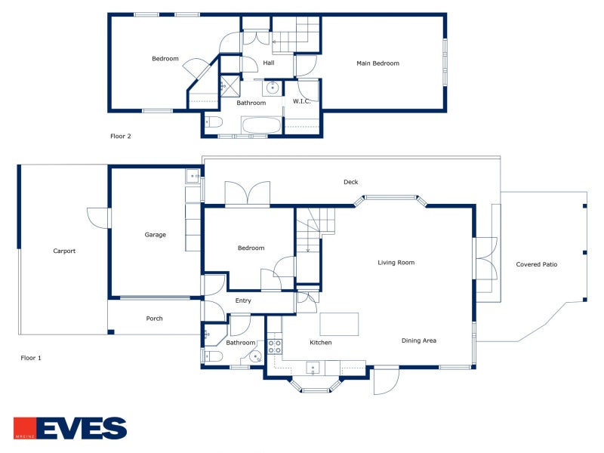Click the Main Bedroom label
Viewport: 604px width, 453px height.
pos(377,63)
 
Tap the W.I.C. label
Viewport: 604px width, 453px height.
pos(301,101)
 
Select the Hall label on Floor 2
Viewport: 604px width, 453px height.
pos(269,63)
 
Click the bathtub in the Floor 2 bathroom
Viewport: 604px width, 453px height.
pos(260,125)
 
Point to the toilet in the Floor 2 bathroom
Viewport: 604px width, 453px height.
pos(214,122)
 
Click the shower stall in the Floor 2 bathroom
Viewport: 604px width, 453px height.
pos(230,86)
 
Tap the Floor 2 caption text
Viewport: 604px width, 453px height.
pos(121,136)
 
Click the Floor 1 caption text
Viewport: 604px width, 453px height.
pos(31,358)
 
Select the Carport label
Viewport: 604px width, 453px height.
pos(64,251)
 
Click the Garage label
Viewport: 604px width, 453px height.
pos(156,235)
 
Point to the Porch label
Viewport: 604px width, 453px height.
pos(154,319)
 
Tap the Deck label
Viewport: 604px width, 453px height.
pos(350,182)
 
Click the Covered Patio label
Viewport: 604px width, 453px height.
pos(537,264)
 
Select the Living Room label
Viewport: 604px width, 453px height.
pos(396,263)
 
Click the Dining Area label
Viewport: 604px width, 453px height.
pos(419,341)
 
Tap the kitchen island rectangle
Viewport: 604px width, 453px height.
pos(339,325)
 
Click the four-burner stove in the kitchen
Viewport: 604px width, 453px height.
pos(275,347)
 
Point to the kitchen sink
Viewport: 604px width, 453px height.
pos(313,368)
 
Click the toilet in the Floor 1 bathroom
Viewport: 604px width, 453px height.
pos(213,356)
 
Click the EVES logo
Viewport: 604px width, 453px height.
pos(70,428)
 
